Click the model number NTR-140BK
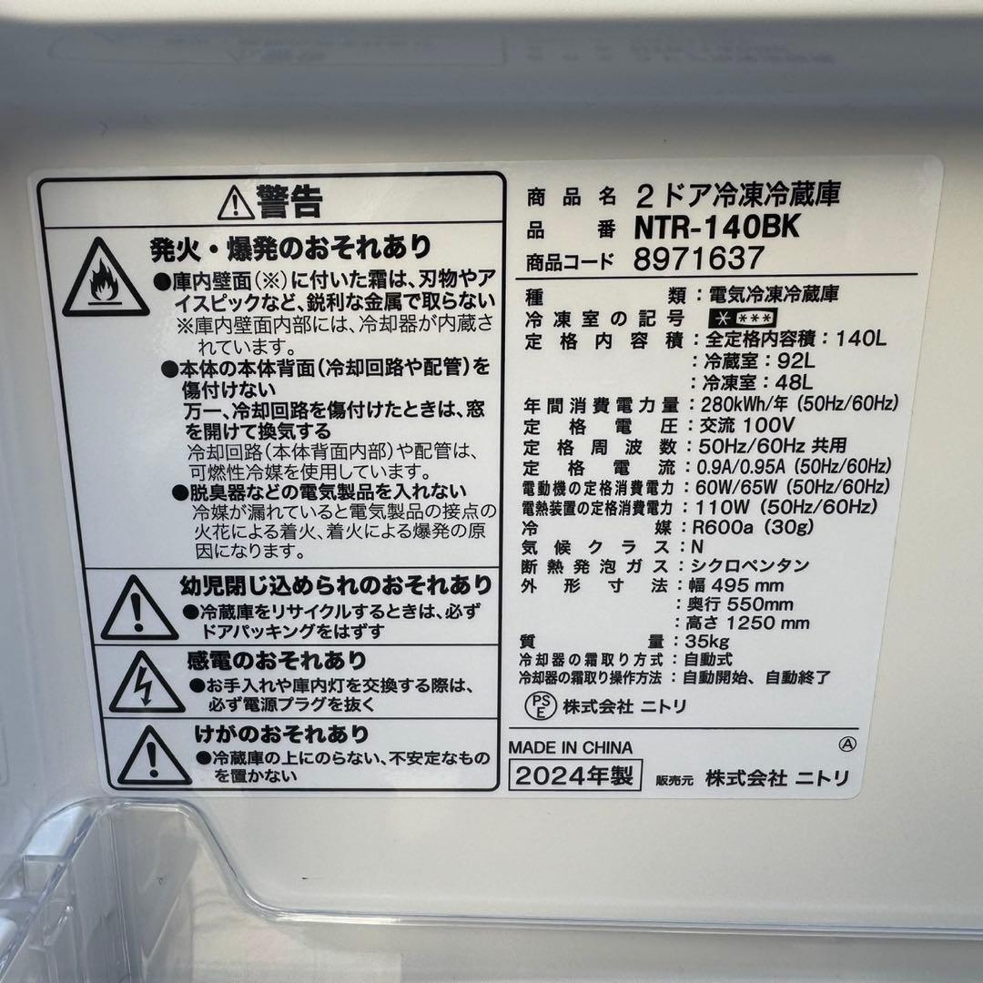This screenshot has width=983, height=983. (716, 227)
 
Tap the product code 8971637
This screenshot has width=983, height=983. (699, 258)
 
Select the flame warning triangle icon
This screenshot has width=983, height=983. (105, 279)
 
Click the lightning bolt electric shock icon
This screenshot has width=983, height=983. (146, 684)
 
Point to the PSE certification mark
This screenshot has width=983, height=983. (540, 705)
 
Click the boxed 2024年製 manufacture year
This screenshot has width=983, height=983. (575, 776)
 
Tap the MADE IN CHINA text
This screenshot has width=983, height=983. (571, 747)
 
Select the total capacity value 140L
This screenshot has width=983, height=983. (861, 339)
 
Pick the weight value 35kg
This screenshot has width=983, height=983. (706, 642)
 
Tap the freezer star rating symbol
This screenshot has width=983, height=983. (743, 318)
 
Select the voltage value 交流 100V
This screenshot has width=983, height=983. (746, 425)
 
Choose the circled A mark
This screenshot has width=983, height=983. (847, 744)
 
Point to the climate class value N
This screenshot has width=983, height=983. (697, 546)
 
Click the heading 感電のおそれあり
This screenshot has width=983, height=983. (277, 660)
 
